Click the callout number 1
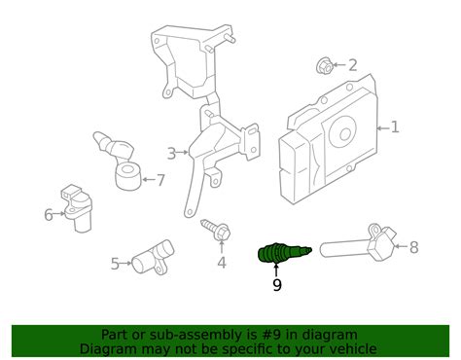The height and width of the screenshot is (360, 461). (395, 127)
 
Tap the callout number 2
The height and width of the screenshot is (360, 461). (353, 66)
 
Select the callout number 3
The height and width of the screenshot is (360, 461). (171, 153)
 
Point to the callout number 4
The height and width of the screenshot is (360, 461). (222, 262)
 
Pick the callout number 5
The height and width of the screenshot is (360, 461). (115, 263)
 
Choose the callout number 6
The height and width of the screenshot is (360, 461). (48, 214)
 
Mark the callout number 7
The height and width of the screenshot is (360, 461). (160, 179)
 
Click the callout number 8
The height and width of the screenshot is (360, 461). (413, 247)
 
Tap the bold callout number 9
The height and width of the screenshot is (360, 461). (277, 285)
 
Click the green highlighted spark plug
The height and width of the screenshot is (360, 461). (278, 254)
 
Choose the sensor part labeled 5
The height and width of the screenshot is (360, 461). (151, 258)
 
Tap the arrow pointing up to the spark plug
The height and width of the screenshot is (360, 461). (277, 270)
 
